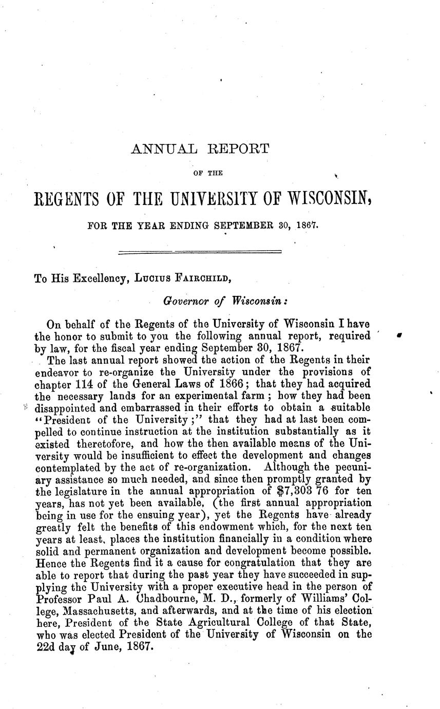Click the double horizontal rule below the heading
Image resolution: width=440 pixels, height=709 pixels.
(x=200, y=252)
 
